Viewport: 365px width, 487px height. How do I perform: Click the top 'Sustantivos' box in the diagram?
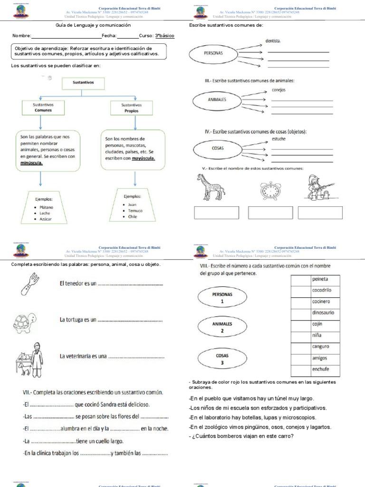(83, 82)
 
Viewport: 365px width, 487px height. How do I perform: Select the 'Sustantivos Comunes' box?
(43, 107)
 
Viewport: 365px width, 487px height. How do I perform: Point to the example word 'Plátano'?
(47, 207)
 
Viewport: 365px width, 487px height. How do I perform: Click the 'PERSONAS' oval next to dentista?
(213, 54)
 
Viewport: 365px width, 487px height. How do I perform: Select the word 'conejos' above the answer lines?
(279, 90)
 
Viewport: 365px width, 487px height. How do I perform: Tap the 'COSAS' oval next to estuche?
(217, 148)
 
